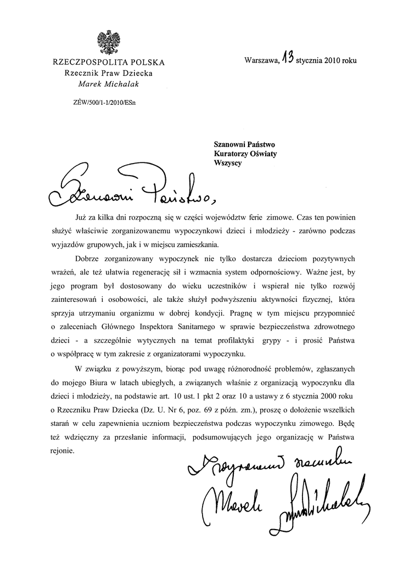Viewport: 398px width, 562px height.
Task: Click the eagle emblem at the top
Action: click(108, 43)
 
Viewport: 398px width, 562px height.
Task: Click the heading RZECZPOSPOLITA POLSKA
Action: click(108, 62)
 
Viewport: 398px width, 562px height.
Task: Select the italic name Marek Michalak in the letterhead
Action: click(108, 83)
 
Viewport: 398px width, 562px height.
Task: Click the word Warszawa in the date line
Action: click(261, 61)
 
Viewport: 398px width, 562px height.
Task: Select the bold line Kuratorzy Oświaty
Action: click(245, 154)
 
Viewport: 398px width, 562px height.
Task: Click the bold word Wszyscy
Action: click(228, 164)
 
